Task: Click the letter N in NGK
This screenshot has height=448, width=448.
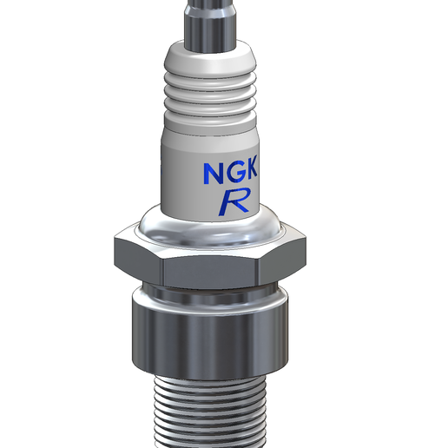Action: point(214,173)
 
